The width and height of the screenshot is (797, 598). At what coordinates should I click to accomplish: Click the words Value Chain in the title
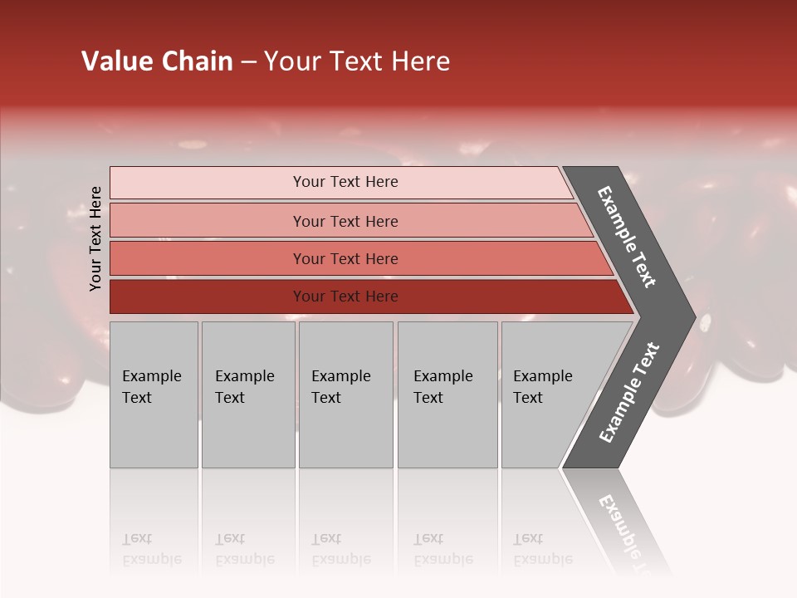[157, 61]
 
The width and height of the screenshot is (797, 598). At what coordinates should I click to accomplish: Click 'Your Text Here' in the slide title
[357, 61]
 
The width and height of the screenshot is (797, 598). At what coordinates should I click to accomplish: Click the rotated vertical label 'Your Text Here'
[96, 238]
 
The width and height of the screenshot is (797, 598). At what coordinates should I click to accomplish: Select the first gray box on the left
[154, 395]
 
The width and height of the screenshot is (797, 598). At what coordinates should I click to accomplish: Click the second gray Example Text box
[248, 395]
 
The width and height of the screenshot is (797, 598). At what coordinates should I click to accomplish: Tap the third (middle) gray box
[345, 395]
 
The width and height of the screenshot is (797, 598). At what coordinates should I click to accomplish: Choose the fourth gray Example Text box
[447, 395]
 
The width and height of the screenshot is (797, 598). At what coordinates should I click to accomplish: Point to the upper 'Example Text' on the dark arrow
[627, 237]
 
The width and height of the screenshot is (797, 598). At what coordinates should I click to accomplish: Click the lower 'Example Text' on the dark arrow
[628, 393]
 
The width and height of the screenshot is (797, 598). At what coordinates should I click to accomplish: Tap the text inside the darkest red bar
[345, 297]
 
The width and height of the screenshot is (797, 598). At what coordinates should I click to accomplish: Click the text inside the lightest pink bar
[345, 182]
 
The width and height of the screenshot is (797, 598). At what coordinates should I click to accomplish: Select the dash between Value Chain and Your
[248, 62]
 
